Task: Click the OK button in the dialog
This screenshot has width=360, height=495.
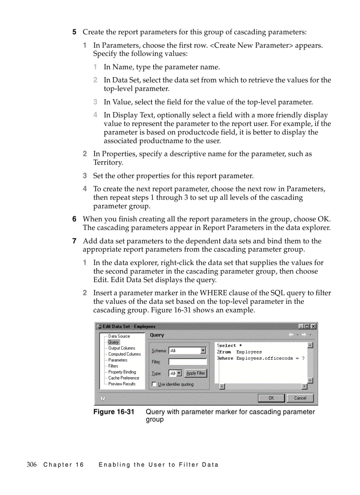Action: coord(271,398)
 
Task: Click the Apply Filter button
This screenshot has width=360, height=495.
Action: coord(195,373)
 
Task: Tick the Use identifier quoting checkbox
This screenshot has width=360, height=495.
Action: coord(154,384)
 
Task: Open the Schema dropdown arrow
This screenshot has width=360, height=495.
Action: coord(203,351)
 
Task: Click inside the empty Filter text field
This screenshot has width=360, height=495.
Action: coord(187,362)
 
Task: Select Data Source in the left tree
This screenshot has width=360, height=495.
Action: coord(119,336)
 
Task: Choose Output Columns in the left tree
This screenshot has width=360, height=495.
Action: coord(122,348)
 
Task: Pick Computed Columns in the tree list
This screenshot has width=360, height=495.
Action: coord(124,354)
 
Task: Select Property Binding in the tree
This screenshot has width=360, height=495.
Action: coord(122,372)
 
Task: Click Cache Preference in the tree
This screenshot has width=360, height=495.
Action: coord(124,378)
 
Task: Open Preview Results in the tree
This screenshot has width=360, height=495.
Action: coord(122,384)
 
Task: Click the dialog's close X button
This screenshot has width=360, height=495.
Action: coord(313,327)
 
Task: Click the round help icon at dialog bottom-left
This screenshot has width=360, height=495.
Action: coord(102,398)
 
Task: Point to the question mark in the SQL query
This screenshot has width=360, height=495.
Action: coord(303,358)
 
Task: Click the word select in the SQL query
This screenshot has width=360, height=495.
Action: coord(228,346)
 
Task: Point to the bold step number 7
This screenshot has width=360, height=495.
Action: coord(75,241)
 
